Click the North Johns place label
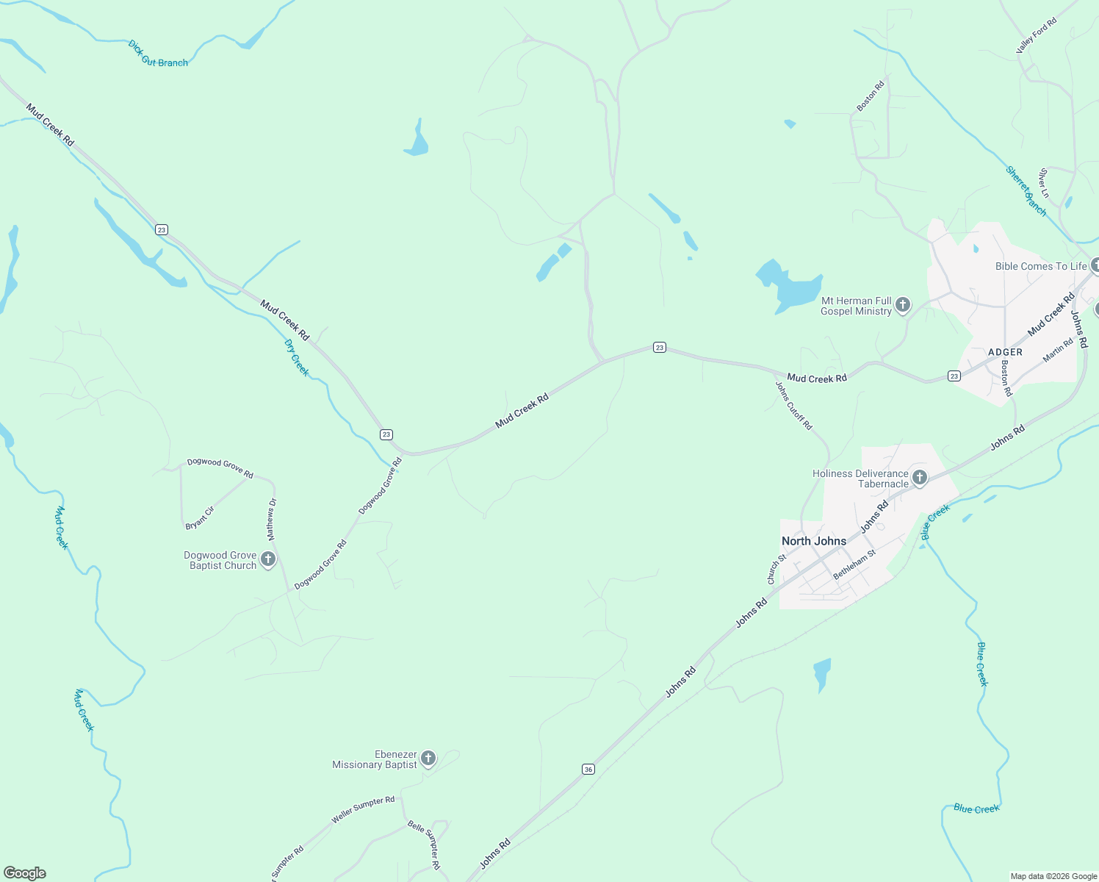[x=813, y=541]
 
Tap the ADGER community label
[x=1005, y=352]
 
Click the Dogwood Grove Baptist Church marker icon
[x=268, y=560]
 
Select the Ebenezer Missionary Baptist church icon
[x=428, y=759]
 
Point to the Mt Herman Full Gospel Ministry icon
[x=903, y=305]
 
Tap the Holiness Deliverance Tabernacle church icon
[x=919, y=478]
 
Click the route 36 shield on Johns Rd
[x=588, y=769]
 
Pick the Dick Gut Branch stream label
[x=158, y=54]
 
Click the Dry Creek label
[x=297, y=357]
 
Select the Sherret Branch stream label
[x=1026, y=191]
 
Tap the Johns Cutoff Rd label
[x=794, y=405]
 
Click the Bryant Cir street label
[x=200, y=518]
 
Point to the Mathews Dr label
[x=271, y=519]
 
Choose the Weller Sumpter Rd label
[x=363, y=809]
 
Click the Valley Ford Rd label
[x=1036, y=35]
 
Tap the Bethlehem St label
[x=854, y=564]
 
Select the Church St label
[x=776, y=569]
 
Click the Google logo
[x=25, y=873]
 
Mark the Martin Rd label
[x=1058, y=351]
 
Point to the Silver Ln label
[x=1044, y=183]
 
